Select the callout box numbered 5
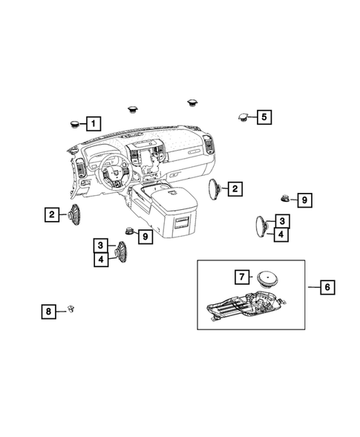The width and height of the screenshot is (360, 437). point(265,116)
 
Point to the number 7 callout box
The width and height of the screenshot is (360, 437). point(242,277)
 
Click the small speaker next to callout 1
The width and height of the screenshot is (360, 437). point(76,123)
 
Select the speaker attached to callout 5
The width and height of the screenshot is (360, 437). point(243,116)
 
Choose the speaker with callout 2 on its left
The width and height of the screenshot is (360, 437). point(74,215)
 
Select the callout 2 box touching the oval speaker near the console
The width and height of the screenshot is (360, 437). point(234,189)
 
